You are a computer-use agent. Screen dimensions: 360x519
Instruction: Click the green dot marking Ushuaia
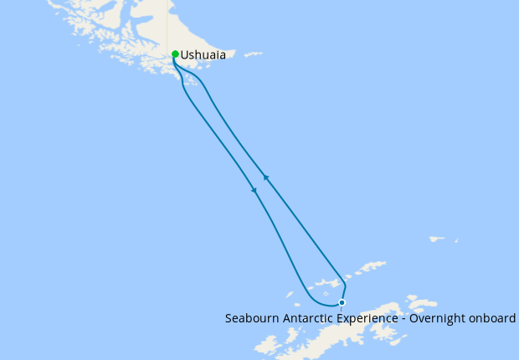pyautogui.click(x=174, y=54)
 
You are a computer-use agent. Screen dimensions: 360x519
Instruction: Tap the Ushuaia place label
pyautogui.click(x=203, y=55)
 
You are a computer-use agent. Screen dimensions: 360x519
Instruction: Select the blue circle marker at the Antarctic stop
pyautogui.click(x=342, y=302)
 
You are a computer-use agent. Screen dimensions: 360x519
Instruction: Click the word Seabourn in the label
pyautogui.click(x=251, y=318)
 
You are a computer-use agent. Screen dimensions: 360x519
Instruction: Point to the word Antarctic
pyautogui.click(x=308, y=318)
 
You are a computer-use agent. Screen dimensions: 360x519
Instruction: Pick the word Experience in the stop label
pyautogui.click(x=372, y=318)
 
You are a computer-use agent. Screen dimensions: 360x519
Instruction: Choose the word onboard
pyautogui.click(x=496, y=318)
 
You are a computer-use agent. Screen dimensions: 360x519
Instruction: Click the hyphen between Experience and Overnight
pyautogui.click(x=409, y=319)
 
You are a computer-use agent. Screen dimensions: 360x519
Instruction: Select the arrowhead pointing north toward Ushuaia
pyautogui.click(x=265, y=177)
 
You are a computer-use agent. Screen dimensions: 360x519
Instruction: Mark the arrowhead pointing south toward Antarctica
pyautogui.click(x=254, y=190)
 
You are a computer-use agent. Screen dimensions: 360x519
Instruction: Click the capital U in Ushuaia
pyautogui.click(x=185, y=55)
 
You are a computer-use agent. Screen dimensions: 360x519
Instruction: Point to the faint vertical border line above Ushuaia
pyautogui.click(x=171, y=25)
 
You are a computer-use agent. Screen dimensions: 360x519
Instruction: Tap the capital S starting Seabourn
pyautogui.click(x=229, y=318)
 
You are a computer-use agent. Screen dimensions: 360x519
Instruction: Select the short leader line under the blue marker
pyautogui.click(x=342, y=310)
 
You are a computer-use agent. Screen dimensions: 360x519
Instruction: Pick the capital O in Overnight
pyautogui.click(x=420, y=318)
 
